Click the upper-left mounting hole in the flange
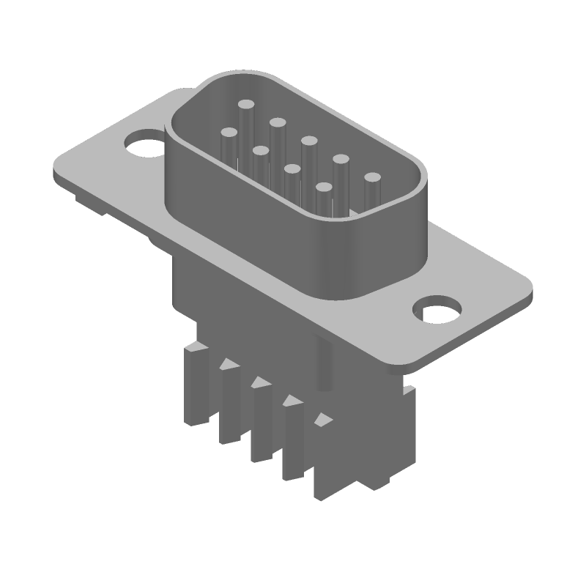144,143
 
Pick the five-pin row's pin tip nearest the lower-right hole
373,178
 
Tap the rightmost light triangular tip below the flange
322,420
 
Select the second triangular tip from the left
259,382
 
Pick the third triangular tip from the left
291,401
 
